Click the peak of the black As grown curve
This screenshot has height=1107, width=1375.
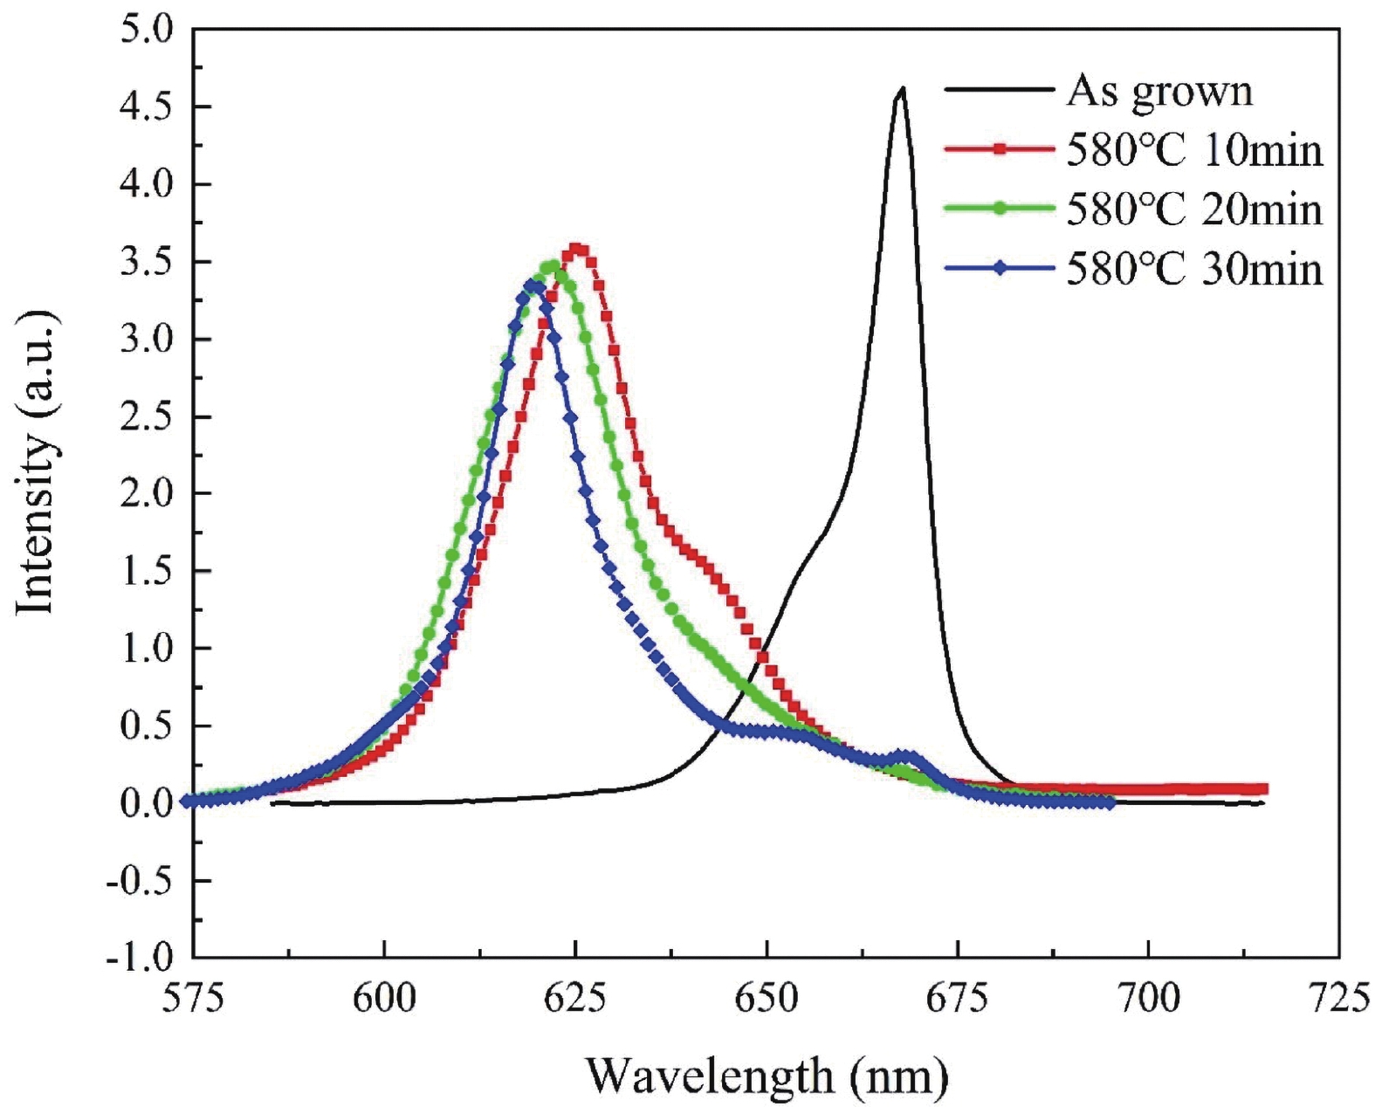click(902, 88)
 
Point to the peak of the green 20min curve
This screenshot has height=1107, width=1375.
click(551, 267)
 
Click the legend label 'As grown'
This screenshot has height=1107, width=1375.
click(1159, 92)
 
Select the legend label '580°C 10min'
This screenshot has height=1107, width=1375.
click(1193, 151)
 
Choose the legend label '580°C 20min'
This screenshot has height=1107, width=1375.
click(1193, 210)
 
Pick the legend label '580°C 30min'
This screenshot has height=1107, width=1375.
click(1193, 269)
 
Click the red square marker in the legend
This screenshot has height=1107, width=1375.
click(1000, 150)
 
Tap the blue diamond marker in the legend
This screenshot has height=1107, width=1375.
click(1000, 269)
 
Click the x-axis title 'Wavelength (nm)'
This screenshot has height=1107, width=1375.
click(766, 1076)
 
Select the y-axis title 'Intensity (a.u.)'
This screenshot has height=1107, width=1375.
click(37, 460)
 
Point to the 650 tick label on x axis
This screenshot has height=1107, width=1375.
click(766, 998)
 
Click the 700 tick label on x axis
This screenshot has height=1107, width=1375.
click(1148, 998)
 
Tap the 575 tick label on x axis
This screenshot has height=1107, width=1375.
click(194, 998)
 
